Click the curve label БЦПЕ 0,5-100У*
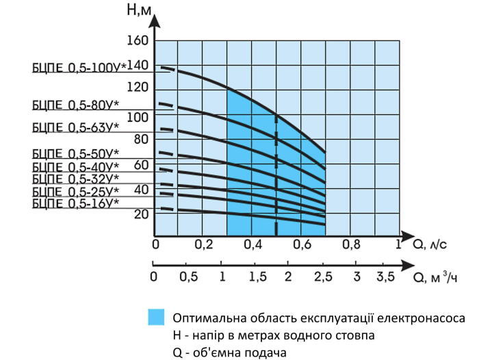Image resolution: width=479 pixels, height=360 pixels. tap(79, 68)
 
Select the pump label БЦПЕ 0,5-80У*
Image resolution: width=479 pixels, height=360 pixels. tap(75, 105)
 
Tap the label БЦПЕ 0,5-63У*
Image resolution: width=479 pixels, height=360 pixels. tap(75, 127)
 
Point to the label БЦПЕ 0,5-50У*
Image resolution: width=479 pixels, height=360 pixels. tap(75, 153)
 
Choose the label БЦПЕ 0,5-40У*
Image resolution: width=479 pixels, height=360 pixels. tap(75, 167)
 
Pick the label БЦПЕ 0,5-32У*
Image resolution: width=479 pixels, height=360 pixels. tap(75, 179)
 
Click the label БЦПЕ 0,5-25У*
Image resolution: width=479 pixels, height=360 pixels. tap(75, 192)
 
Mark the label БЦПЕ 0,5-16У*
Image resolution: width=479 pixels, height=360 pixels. tap(75, 203)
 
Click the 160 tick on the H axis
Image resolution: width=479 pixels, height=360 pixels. tap(138, 40)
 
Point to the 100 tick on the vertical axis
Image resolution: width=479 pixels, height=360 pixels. tap(138, 117)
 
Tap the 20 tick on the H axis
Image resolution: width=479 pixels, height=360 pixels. tap(141, 214)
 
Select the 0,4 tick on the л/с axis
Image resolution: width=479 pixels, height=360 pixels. tap(253, 244)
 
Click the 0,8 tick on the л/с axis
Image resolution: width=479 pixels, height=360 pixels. tap(351, 244)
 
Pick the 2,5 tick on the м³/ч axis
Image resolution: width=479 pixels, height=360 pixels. tap(323, 277)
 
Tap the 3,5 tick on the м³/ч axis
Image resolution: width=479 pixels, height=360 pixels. tap(385, 277)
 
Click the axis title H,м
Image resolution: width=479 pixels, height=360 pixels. tap(139, 10)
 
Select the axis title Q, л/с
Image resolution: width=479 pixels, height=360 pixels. tap(430, 244)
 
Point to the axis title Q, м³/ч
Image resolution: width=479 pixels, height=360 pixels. tap(435, 277)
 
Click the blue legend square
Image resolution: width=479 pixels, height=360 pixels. tap(156, 317)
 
